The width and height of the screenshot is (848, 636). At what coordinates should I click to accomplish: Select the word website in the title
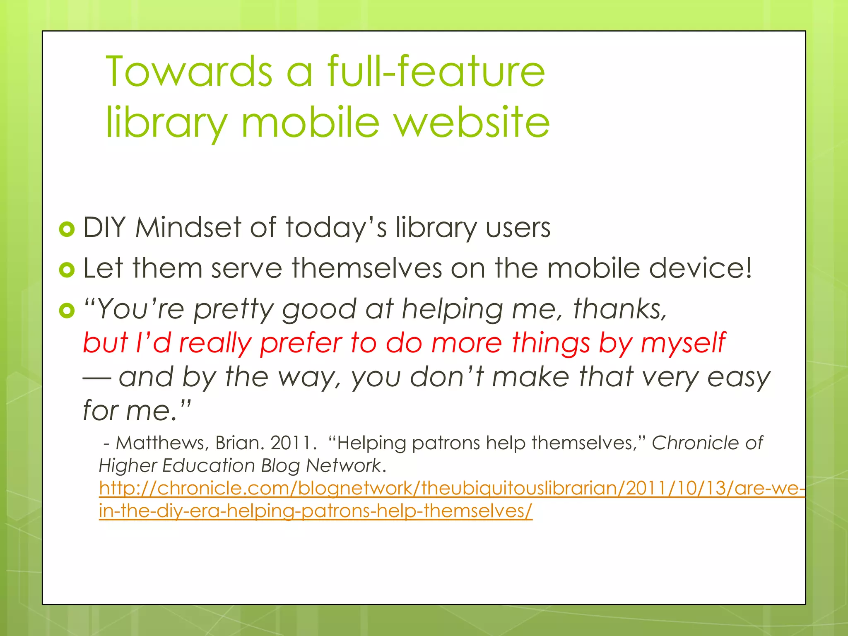pos(472,122)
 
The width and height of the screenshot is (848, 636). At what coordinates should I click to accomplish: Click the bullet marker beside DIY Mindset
pos(67,229)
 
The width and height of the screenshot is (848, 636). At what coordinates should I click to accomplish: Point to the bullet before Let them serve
pos(67,270)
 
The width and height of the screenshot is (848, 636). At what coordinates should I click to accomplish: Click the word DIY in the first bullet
pos(104,228)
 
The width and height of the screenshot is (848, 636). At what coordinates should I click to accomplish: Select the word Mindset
pos(189,228)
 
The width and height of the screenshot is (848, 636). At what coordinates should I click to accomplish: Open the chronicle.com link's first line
pos(451,489)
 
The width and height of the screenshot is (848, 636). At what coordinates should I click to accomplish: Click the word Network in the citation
pos(343,466)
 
